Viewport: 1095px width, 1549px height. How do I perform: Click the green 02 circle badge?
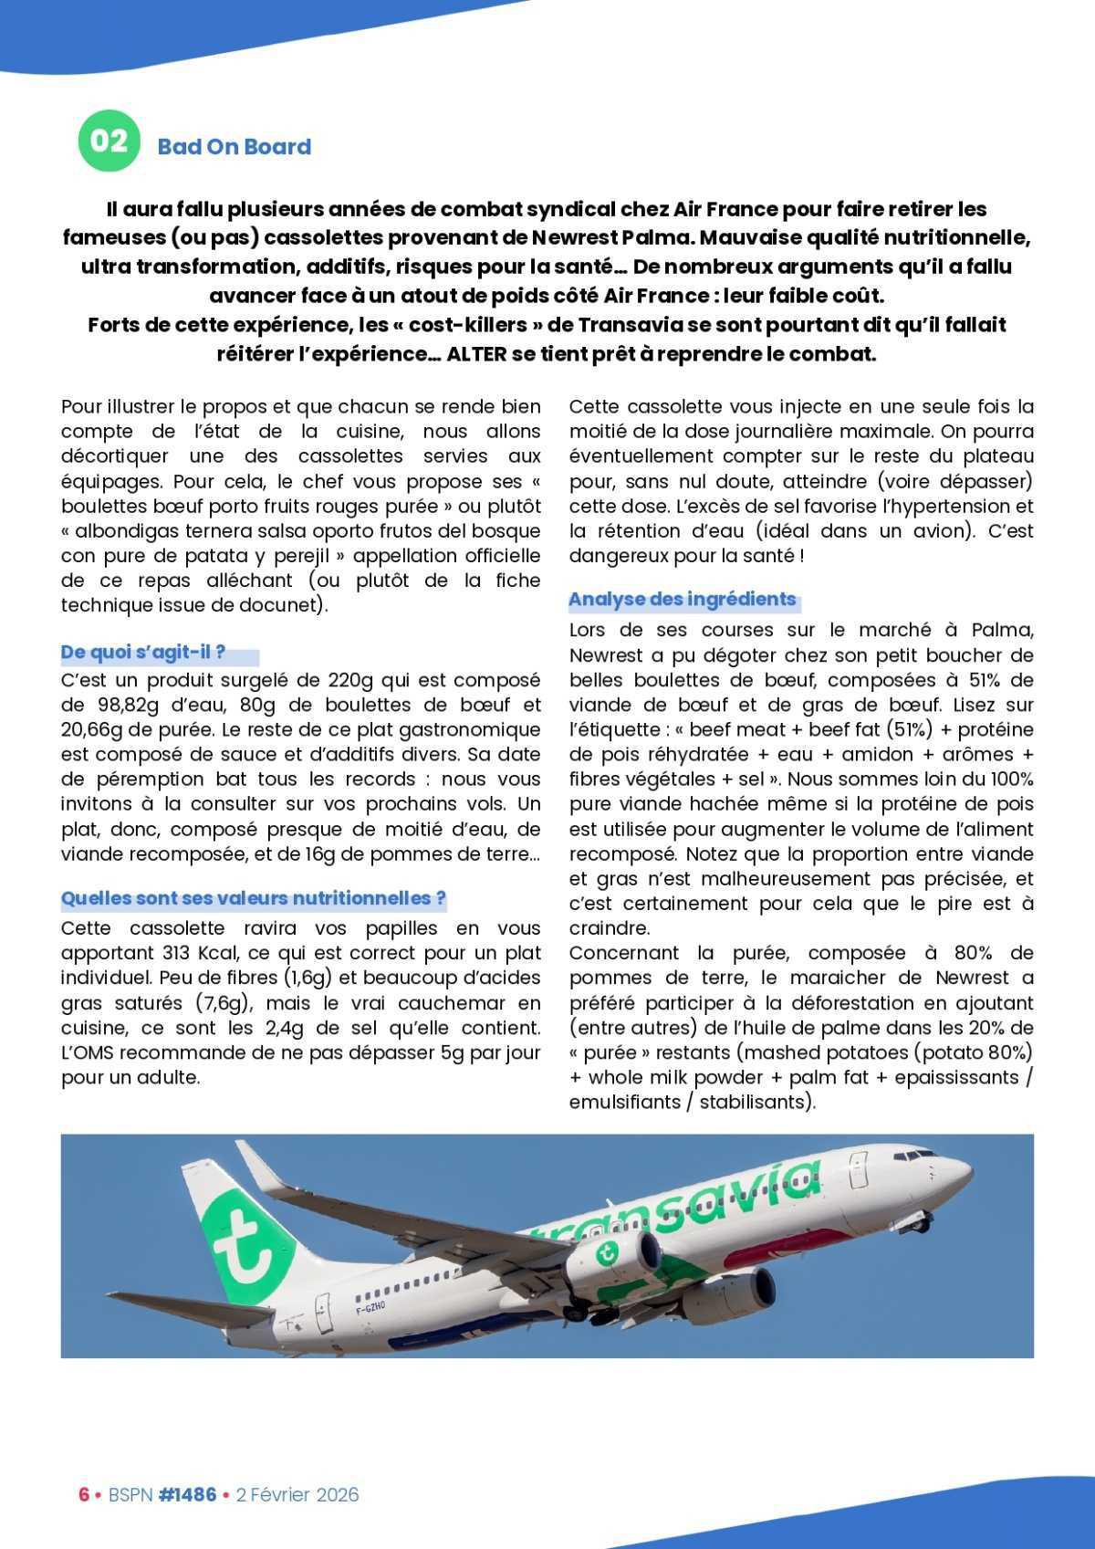pos(109,141)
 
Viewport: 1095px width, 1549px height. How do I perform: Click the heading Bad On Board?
pos(234,147)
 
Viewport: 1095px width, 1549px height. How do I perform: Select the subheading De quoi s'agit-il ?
pos(143,653)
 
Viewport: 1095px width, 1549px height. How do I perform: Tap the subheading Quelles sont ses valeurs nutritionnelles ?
pos(253,898)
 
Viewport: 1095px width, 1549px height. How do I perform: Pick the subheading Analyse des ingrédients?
pos(682,600)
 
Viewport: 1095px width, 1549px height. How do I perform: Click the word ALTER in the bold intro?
pos(475,354)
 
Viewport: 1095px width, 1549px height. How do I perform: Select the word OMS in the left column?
pos(89,1052)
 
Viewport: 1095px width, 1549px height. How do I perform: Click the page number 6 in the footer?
pos(83,1495)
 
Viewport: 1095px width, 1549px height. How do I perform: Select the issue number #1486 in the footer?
pos(187,1495)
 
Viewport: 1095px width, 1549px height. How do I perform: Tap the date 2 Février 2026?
pos(297,1495)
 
